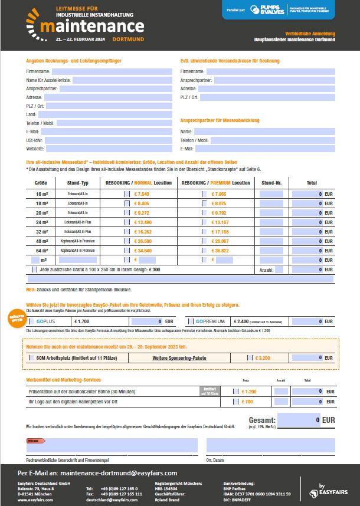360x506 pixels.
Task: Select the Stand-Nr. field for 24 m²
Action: pyautogui.click(x=271, y=222)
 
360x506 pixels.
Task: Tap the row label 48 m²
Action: pyautogui.click(x=42, y=241)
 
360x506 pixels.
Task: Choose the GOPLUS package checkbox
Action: pyautogui.click(x=33, y=321)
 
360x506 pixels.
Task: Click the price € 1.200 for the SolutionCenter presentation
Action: pyautogui.click(x=249, y=392)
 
